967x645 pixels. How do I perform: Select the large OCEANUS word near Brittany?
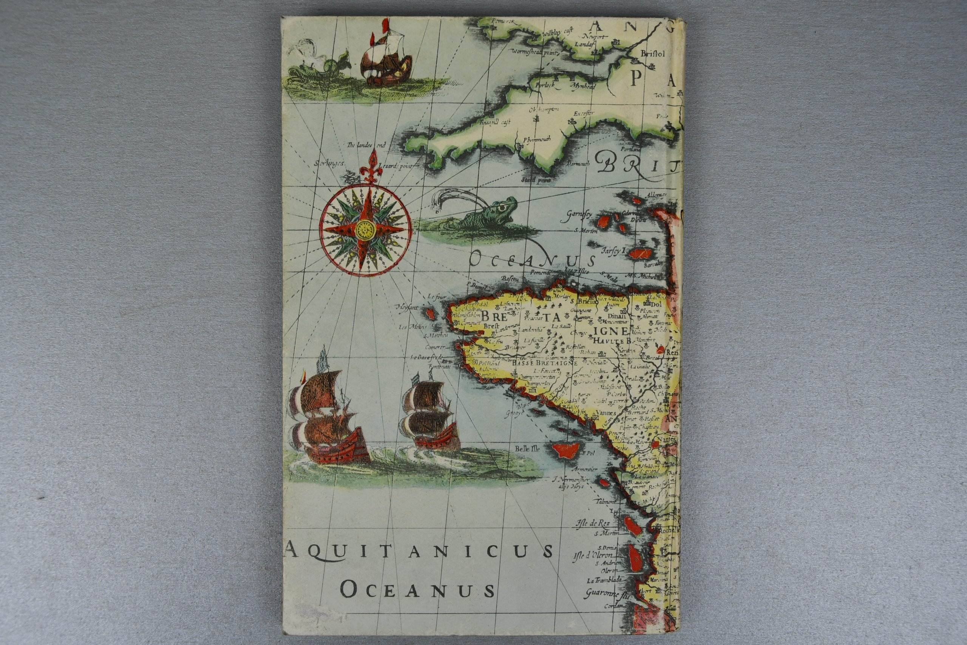coord(533,260)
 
